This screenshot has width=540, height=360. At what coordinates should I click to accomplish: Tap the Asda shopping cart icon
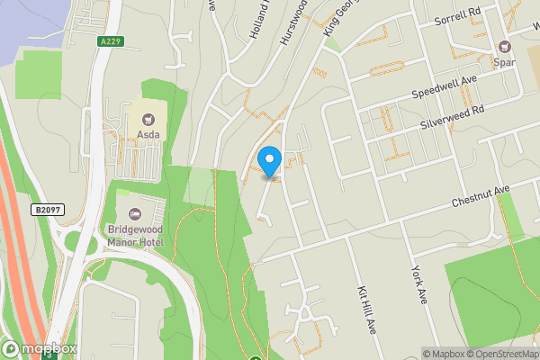[x=148, y=117]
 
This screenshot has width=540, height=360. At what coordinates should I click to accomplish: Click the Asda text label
[x=148, y=135]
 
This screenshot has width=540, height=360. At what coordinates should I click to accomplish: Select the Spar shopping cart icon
[x=503, y=46]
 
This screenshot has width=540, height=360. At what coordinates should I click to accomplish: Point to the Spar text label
[x=503, y=63]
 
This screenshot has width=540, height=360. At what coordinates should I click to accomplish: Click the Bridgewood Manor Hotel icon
[x=135, y=213]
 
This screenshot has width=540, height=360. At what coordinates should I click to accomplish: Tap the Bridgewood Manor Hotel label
[x=135, y=236]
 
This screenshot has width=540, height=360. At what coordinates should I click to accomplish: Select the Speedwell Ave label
[x=443, y=88]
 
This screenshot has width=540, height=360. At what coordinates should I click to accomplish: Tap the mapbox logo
[x=39, y=349]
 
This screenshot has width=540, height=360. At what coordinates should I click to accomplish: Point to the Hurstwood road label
[x=298, y=17]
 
